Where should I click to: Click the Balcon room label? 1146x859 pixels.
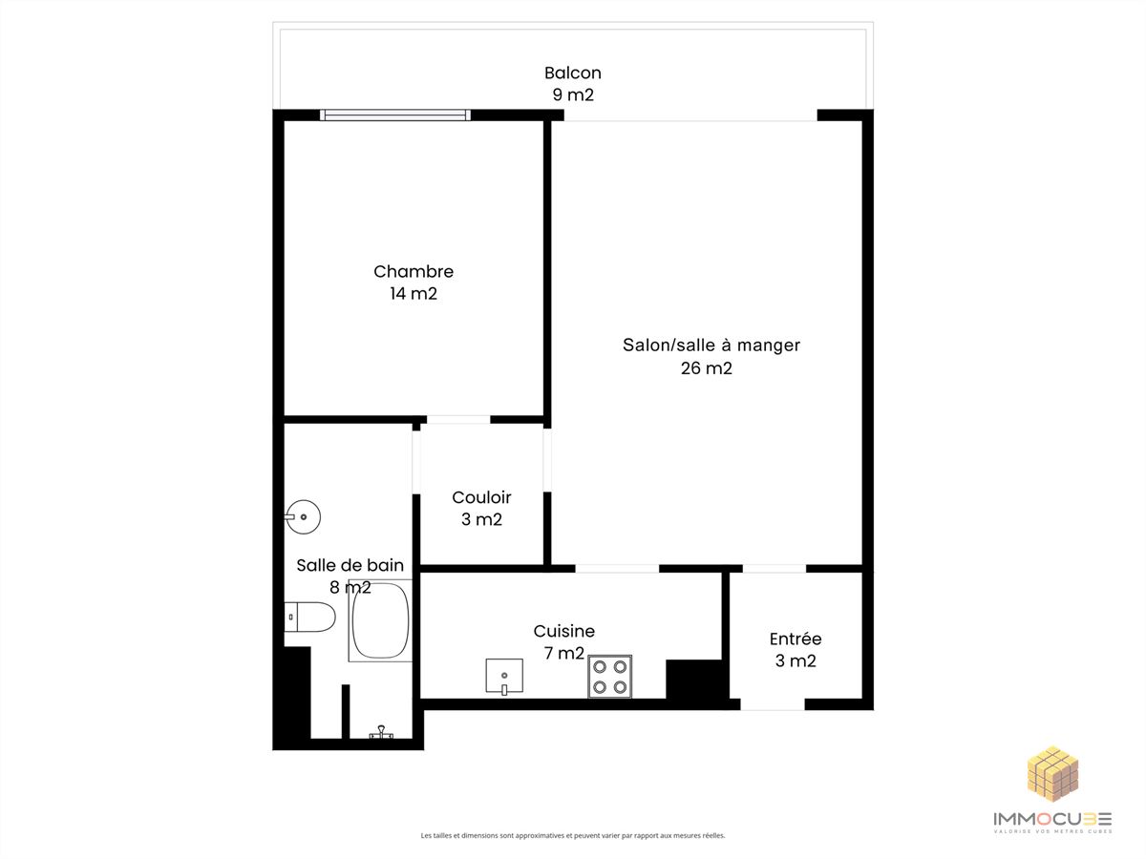pos(573,73)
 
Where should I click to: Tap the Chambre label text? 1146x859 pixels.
pos(414,271)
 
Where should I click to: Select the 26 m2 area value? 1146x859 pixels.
pos(706,368)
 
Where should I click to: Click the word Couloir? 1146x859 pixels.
pos(481,497)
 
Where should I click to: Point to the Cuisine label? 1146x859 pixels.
pos(563,631)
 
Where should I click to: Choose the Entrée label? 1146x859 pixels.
pos(796,639)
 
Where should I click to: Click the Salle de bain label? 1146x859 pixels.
pos(350,565)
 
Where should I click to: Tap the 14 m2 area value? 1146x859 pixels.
pos(414,294)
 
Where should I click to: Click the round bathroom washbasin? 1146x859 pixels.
pos(303,517)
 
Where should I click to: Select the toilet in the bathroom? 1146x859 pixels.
pos(309,617)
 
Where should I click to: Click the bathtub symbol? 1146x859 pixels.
pos(380,620)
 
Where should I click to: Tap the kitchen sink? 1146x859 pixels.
pos(504,676)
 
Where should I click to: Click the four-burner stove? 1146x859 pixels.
pos(610,677)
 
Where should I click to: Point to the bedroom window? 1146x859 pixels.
pos(395,115)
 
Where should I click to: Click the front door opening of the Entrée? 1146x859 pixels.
pos(773,704)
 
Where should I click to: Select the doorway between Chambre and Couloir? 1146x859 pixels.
pos(458,419)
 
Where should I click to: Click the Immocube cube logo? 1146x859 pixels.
pos(1052,774)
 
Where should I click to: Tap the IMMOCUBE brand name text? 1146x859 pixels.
pos(1052,819)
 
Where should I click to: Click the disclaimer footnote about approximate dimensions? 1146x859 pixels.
pos(573,835)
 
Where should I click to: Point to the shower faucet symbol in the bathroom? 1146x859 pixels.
pos(382,732)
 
